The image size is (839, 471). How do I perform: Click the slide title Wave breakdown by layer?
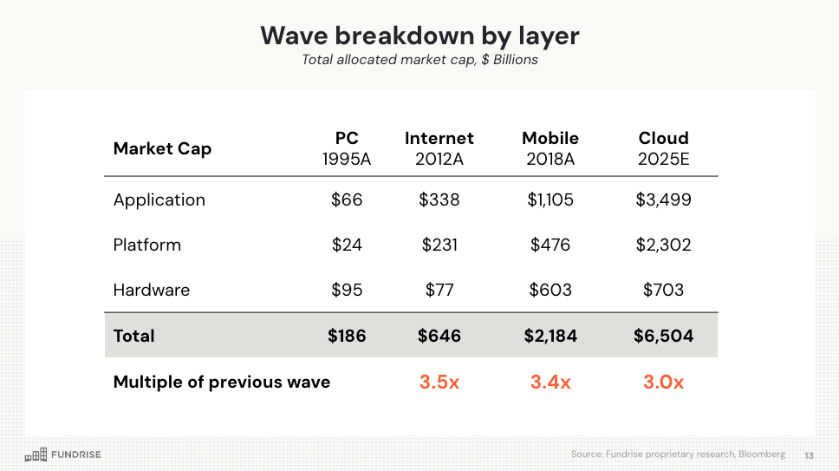[419, 36]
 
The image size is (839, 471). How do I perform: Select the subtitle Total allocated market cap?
[419, 60]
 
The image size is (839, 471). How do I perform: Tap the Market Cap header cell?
[162, 148]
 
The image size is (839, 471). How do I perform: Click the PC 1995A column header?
[347, 148]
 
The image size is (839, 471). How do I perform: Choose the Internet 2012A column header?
[439, 148]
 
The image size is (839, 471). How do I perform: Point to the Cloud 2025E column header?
[663, 148]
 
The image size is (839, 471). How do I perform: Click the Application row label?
[159, 200]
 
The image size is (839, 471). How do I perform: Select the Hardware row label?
[152, 290]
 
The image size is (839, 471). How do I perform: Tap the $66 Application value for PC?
[347, 200]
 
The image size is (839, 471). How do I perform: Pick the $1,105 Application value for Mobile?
[550, 200]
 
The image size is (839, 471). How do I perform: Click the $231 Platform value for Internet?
[439, 245]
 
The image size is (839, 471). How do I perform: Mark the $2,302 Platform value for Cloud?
[663, 245]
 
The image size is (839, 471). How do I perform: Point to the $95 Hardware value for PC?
[347, 290]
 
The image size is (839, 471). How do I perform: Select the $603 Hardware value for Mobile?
[550, 290]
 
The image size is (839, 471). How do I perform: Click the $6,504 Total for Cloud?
[663, 336]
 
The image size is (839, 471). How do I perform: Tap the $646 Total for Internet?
[439, 336]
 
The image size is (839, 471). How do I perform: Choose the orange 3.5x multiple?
[439, 382]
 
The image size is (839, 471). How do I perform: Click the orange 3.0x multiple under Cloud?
[663, 382]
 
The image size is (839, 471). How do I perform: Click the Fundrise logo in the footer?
[62, 455]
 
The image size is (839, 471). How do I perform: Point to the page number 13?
[809, 455]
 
